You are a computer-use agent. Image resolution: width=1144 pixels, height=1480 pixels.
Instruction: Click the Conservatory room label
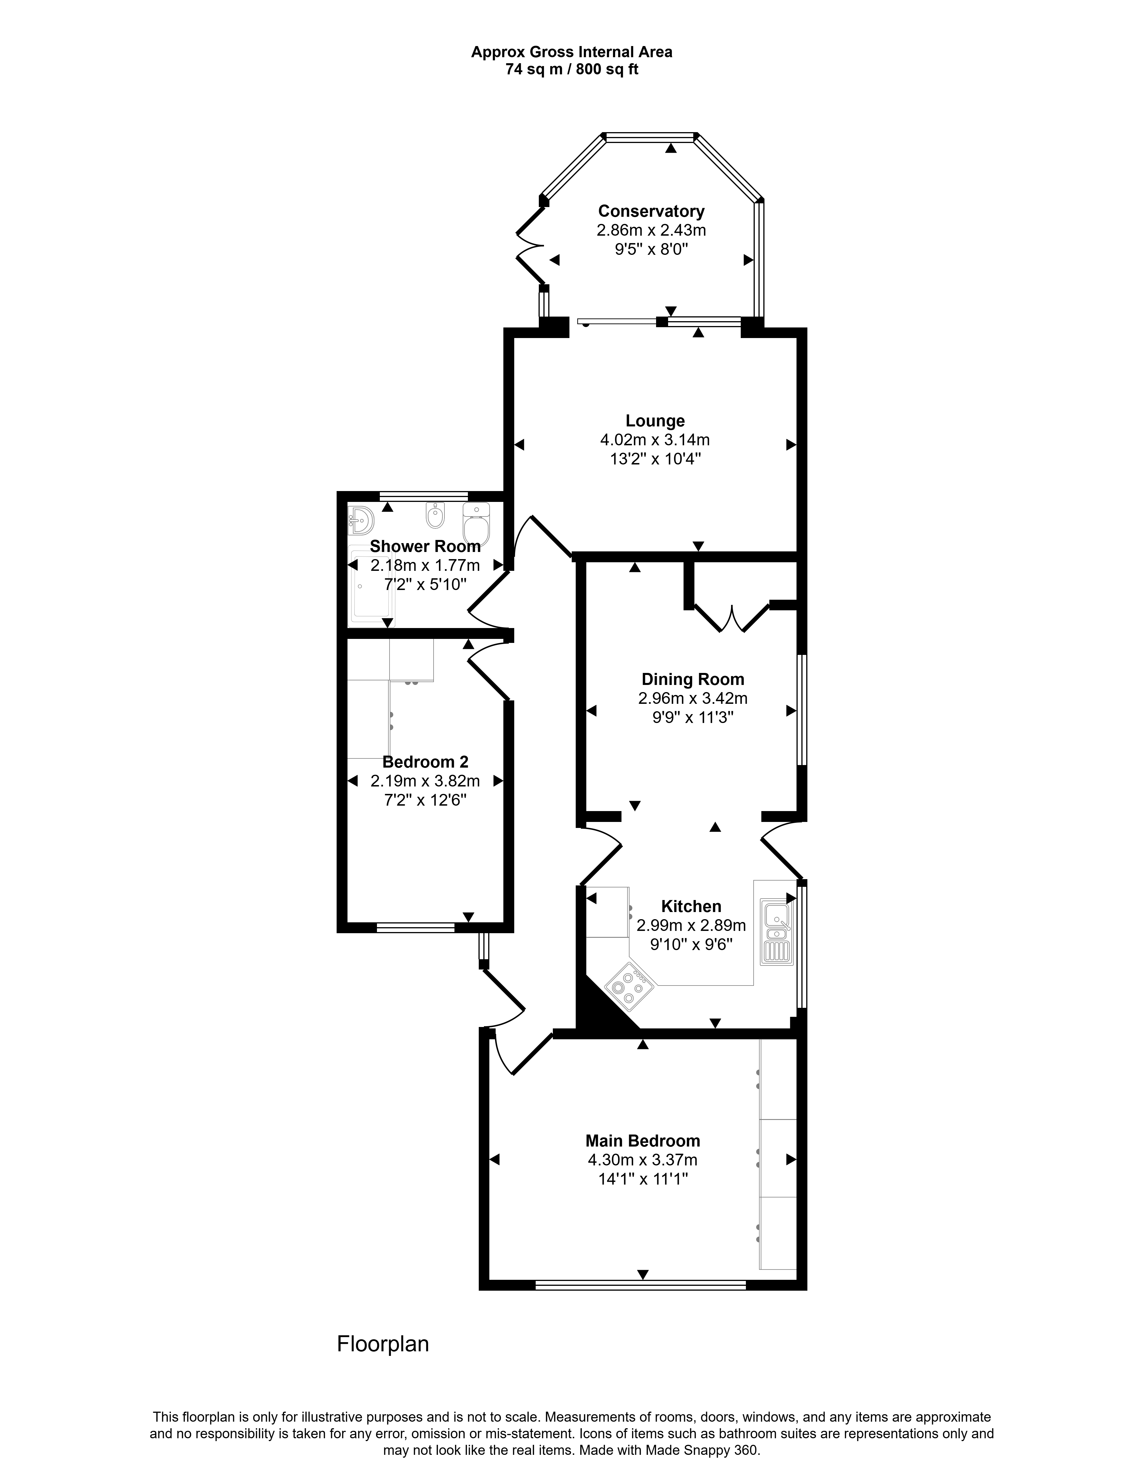click(x=651, y=211)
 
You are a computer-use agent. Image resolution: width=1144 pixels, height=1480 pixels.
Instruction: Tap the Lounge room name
click(x=655, y=421)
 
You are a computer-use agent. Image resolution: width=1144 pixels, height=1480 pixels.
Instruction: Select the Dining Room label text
click(x=693, y=679)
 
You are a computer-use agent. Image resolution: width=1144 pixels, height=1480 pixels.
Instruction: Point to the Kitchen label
click(x=691, y=906)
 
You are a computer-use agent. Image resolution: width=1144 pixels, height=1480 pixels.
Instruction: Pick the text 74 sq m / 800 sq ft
click(x=572, y=69)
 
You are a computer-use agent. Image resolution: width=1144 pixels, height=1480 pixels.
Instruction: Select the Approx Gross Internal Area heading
click(x=572, y=51)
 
